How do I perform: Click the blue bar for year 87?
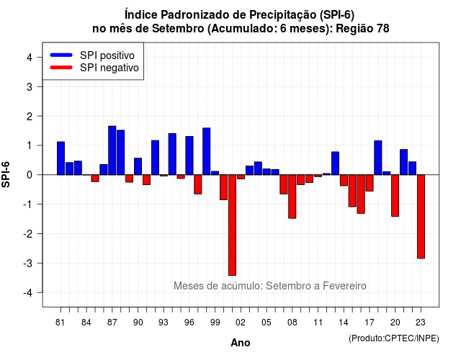coord(112,150)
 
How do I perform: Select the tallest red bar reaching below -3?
coord(232,225)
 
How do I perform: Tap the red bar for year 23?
coord(421,217)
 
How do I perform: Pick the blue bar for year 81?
coord(61,158)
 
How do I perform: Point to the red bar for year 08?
coord(292,197)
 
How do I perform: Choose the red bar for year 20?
coord(395,196)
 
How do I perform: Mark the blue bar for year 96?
coord(189,156)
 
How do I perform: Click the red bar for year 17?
coord(370,183)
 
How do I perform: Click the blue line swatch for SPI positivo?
coord(61,55)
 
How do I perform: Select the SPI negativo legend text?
coord(109,68)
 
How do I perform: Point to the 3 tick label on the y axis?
coord(30,86)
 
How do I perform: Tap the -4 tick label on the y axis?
coord(28,293)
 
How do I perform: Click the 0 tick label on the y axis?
coord(30,175)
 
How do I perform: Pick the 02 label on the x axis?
coord(240,323)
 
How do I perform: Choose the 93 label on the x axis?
coord(164,323)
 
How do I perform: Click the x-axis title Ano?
coord(241,343)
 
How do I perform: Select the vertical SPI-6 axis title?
coord(6,174)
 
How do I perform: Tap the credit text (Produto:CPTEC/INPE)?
coord(394,338)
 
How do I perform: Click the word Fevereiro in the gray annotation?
coord(344,286)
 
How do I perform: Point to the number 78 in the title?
coord(382,29)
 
